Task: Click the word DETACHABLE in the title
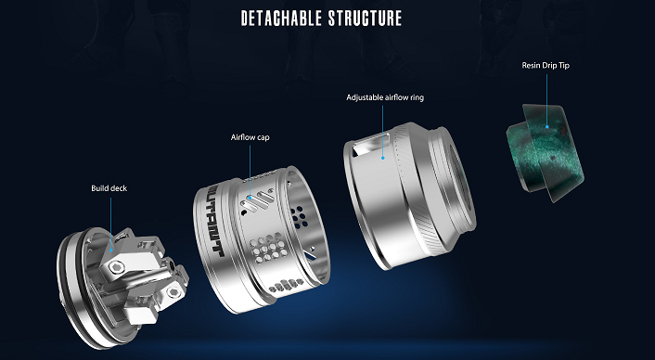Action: [x=281, y=19]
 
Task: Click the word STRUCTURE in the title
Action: [x=365, y=19]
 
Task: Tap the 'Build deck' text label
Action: [x=109, y=188]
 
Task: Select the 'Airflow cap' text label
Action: [x=250, y=137]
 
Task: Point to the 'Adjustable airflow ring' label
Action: [x=385, y=97]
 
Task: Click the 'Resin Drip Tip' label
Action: [x=546, y=66]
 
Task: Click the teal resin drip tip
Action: [x=546, y=152]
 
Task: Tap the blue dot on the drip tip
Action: [x=546, y=125]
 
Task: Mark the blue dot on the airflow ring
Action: [x=382, y=158]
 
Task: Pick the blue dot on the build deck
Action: [x=110, y=250]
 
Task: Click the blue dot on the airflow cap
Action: [x=250, y=197]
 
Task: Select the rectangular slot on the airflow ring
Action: [x=369, y=145]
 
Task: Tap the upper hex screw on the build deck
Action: [x=118, y=266]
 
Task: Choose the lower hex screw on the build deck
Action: [x=173, y=292]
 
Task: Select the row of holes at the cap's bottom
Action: [x=287, y=285]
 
